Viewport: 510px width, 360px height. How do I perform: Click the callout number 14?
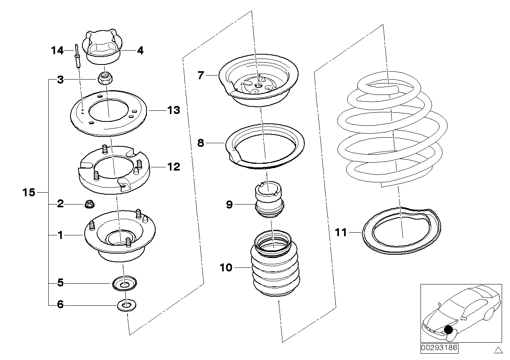tap(57, 51)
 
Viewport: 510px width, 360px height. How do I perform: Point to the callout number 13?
tap(173, 110)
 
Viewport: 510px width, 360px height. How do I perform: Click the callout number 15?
tap(29, 193)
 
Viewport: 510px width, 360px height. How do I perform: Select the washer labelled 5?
tap(124, 283)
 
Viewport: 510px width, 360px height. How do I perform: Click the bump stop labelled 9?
tap(269, 200)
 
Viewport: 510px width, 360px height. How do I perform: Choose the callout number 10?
tap(226, 268)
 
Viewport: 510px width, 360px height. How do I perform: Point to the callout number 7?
tap(201, 75)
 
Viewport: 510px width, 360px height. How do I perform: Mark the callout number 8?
tap(201, 143)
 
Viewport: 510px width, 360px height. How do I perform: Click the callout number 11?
tap(341, 232)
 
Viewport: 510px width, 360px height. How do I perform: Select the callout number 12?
tap(173, 167)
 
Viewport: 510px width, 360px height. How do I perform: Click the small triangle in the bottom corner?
tap(498, 349)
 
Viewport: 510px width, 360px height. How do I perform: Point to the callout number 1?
tap(60, 235)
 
